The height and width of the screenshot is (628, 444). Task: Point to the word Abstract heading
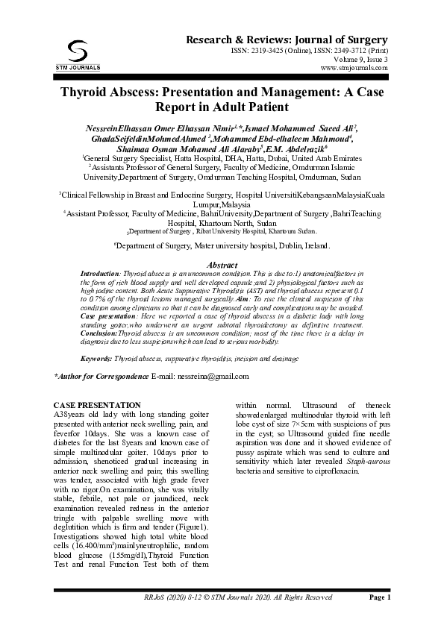click(x=222, y=266)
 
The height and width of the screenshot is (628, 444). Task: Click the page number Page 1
click(x=379, y=598)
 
